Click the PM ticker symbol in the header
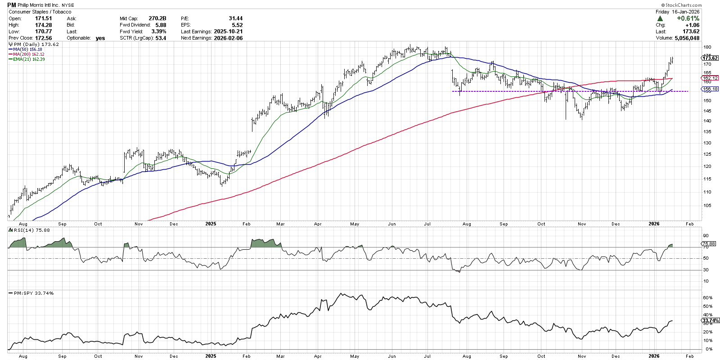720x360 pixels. pyautogui.click(x=12, y=5)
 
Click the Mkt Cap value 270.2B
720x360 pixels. pyautogui.click(x=157, y=18)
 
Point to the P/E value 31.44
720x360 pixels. pyautogui.click(x=235, y=18)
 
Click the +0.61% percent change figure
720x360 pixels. pyautogui.click(x=688, y=18)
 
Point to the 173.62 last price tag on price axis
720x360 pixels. pyautogui.click(x=710, y=58)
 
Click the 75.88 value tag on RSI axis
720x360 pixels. pyautogui.click(x=709, y=244)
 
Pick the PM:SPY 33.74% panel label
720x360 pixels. pyautogui.click(x=33, y=293)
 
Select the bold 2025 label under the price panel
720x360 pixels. pyautogui.click(x=211, y=224)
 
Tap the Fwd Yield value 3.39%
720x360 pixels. pyautogui.click(x=158, y=31)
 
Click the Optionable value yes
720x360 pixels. pyautogui.click(x=100, y=38)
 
